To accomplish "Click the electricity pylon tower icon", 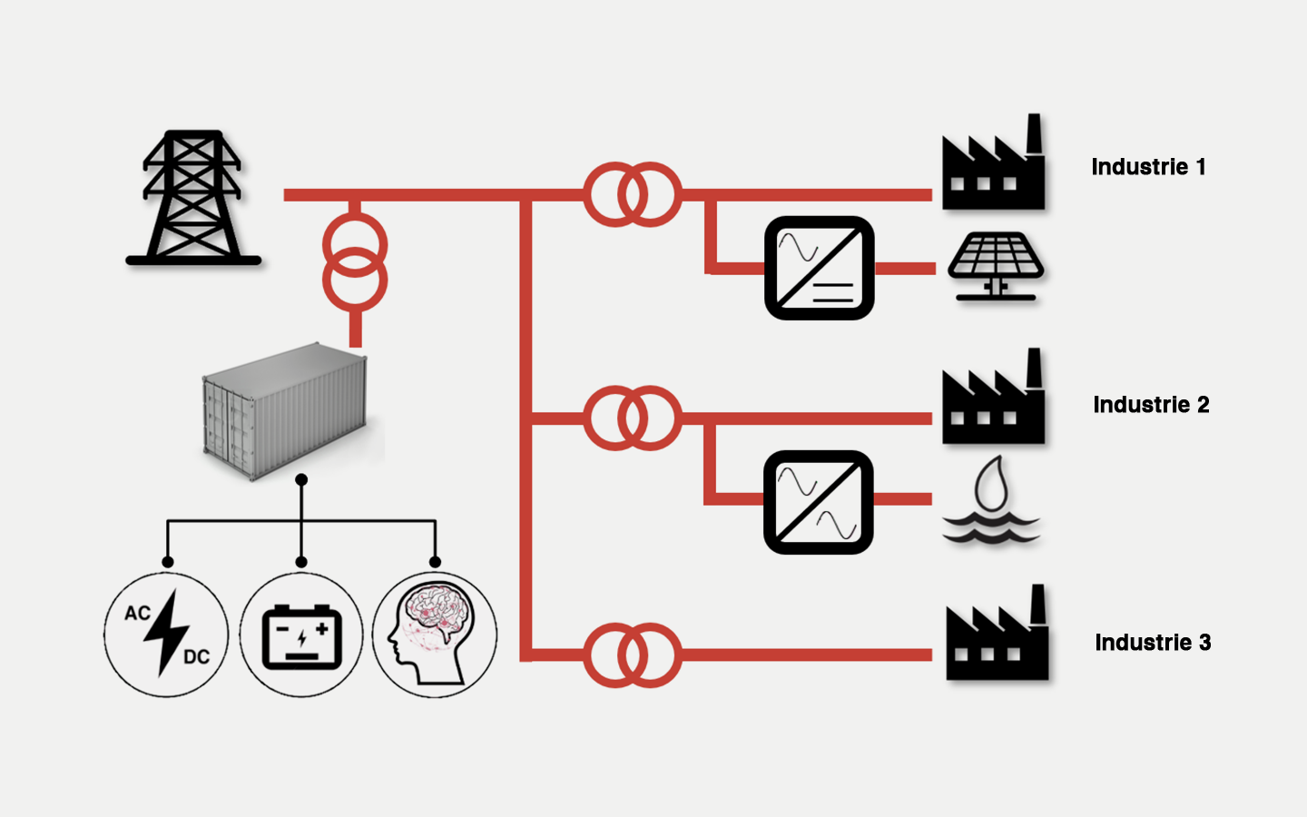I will (192, 199).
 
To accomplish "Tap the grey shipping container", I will (286, 409).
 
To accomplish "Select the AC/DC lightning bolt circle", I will (166, 635).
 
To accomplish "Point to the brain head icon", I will (435, 635).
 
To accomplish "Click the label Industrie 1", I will (1148, 167).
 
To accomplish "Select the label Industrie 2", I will (1151, 405).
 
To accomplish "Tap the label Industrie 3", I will (1153, 643).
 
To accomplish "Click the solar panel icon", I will (996, 266).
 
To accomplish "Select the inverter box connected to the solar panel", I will (819, 268).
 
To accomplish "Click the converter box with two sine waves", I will (819, 502).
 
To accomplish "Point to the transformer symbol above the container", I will (355, 263).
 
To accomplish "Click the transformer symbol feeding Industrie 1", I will (633, 194).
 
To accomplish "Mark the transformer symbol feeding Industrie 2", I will (633, 418).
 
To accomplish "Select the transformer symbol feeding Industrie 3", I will (633, 655).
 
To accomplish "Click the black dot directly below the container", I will (301, 479).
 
